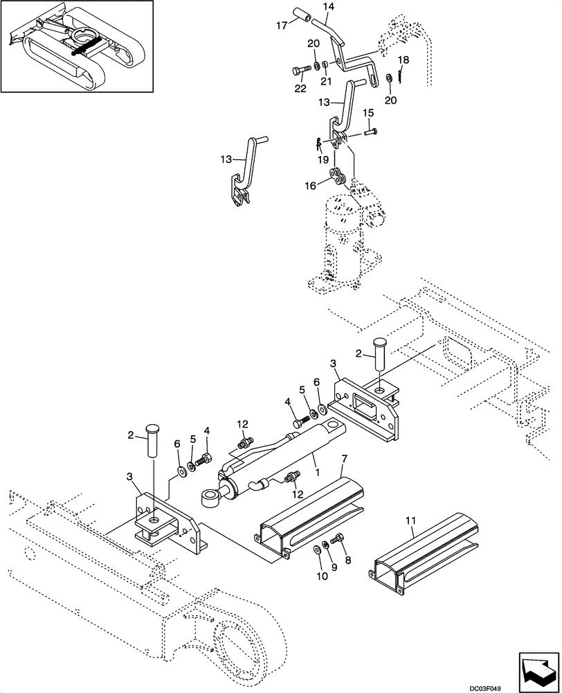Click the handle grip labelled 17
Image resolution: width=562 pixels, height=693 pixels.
(302, 15)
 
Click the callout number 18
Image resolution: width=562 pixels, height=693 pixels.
(405, 60)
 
